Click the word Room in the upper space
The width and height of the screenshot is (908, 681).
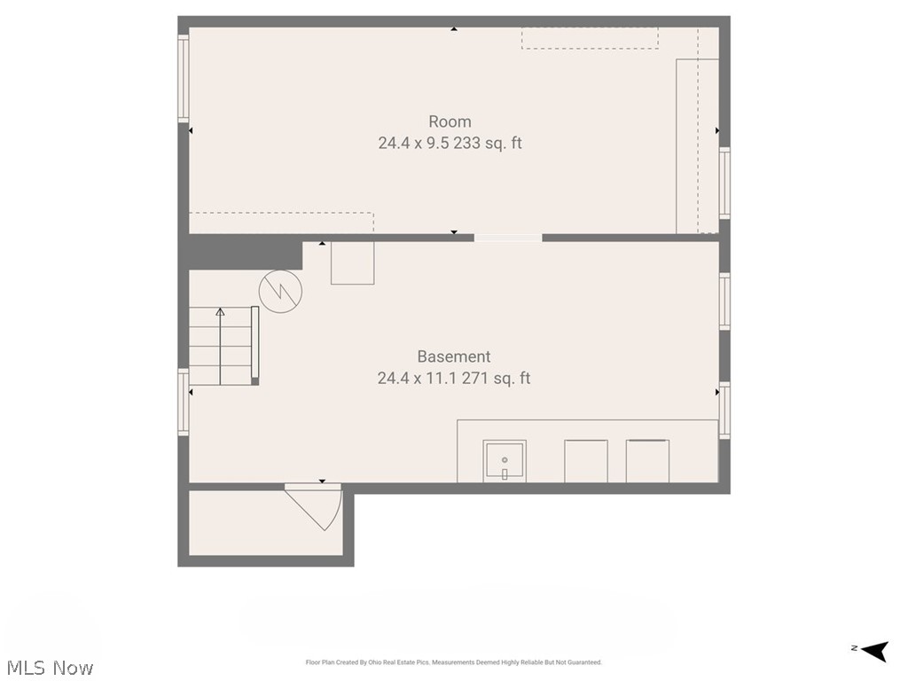click(450, 121)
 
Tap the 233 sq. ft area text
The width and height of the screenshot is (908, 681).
click(488, 143)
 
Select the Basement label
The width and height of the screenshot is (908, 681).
click(453, 356)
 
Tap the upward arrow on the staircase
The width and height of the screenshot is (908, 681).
click(220, 346)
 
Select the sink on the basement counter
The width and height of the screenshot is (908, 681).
click(505, 461)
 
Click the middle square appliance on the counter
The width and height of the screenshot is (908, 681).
click(586, 461)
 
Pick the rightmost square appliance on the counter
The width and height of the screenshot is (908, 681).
click(647, 461)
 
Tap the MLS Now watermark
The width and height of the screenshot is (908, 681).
click(49, 668)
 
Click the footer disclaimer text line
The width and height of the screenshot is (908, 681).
click(453, 662)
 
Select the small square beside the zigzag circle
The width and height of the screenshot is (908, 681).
click(352, 263)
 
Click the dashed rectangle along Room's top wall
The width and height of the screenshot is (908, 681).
click(590, 37)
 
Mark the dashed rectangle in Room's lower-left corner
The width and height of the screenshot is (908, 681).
click(281, 223)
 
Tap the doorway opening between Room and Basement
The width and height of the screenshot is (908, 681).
click(508, 238)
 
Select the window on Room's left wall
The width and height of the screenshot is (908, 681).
click(184, 78)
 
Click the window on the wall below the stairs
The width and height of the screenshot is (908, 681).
click(184, 403)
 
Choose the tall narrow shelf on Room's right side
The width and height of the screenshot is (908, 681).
click(686, 146)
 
